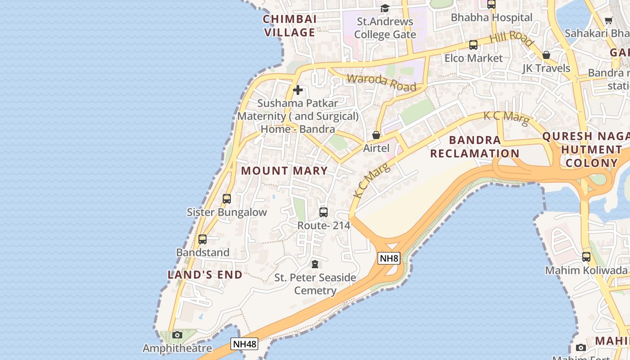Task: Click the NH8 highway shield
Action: [389, 258]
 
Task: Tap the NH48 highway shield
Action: [245, 344]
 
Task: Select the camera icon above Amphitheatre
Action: [177, 335]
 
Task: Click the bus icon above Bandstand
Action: [202, 239]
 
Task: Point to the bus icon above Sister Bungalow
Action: [227, 198]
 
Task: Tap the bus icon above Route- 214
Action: [323, 212]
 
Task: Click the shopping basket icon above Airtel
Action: [376, 135]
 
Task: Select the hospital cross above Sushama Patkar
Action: [297, 90]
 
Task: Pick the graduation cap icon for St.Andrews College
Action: [385, 8]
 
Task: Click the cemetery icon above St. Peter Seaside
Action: [315, 264]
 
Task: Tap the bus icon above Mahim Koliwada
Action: [586, 257]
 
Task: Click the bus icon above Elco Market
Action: [473, 45]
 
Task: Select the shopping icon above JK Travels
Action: [546, 55]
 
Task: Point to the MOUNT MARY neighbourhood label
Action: [284, 171]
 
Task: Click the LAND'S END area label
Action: [205, 274]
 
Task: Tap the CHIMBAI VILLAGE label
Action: [290, 26]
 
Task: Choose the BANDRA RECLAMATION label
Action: [475, 147]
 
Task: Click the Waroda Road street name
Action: [382, 83]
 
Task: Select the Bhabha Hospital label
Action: [491, 18]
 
